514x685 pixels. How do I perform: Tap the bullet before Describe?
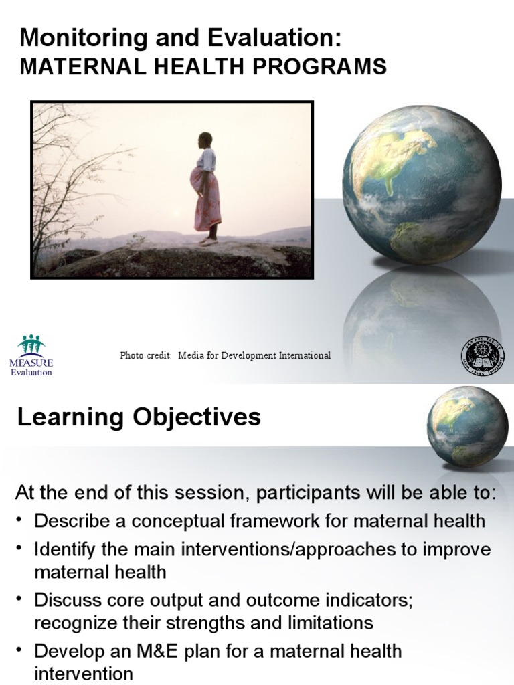click(x=20, y=521)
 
